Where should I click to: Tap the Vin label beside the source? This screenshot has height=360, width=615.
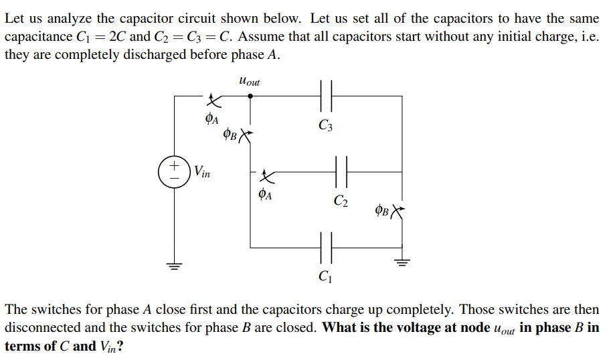[202, 172]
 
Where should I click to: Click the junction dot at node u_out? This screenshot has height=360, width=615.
[250, 96]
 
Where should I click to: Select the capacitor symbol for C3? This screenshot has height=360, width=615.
[326, 96]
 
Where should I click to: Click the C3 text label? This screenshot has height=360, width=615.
[325, 124]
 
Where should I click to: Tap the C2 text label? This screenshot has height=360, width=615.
[341, 200]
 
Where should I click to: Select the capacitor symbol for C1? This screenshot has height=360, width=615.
[326, 247]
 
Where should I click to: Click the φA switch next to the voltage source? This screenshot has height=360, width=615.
[212, 102]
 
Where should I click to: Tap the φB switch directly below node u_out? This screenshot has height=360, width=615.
[246, 136]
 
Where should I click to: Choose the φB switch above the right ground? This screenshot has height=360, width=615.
[398, 212]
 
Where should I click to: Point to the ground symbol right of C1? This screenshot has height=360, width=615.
[402, 262]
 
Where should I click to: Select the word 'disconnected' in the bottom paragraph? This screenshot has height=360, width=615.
[39, 329]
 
